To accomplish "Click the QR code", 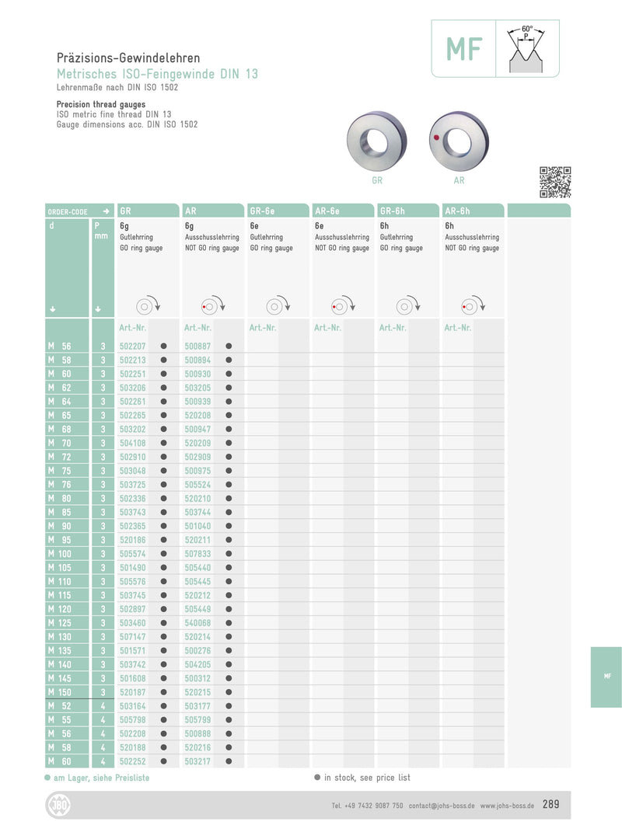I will click(x=555, y=182).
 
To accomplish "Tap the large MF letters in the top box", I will click(x=464, y=49).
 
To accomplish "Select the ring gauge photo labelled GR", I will click(x=376, y=141).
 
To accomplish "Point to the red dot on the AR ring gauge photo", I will click(x=436, y=138).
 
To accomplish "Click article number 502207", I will click(x=133, y=346).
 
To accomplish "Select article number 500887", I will click(x=198, y=346).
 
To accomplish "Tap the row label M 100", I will click(x=59, y=553).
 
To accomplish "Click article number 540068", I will click(x=198, y=622).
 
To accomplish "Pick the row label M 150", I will click(x=59, y=691).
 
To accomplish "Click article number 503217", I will click(x=198, y=761).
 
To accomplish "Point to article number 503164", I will click(x=133, y=705).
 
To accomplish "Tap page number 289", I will click(x=550, y=805).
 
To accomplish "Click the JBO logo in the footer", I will click(x=58, y=806).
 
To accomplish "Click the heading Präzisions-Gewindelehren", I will click(x=128, y=58).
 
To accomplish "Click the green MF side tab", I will click(x=606, y=677).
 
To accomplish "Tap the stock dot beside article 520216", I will click(x=229, y=747).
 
